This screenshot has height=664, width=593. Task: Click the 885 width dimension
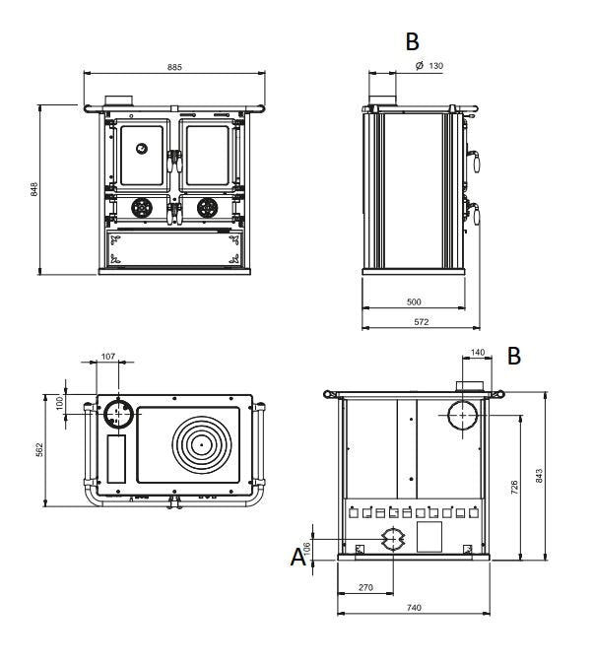pyautogui.click(x=174, y=67)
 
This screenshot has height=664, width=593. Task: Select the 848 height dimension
pyautogui.click(x=34, y=188)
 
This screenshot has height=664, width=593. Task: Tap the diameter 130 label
pyautogui.click(x=429, y=65)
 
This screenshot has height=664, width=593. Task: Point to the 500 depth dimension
pyautogui.click(x=414, y=302)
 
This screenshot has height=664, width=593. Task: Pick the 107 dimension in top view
pyautogui.click(x=108, y=356)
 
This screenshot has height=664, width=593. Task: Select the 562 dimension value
pyautogui.click(x=40, y=449)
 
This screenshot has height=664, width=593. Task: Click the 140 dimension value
pyautogui.click(x=478, y=353)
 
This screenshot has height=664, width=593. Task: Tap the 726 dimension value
pyautogui.click(x=514, y=488)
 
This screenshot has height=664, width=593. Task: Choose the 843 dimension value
pyautogui.click(x=539, y=476)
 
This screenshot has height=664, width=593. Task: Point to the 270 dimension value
pyautogui.click(x=365, y=587)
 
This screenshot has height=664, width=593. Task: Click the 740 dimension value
pyautogui.click(x=414, y=608)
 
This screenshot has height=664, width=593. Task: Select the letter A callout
pyautogui.click(x=297, y=558)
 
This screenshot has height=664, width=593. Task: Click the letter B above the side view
pyautogui.click(x=412, y=41)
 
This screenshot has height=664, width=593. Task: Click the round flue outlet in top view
pyautogui.click(x=118, y=415)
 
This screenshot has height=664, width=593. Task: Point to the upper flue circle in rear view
pyautogui.click(x=462, y=417)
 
